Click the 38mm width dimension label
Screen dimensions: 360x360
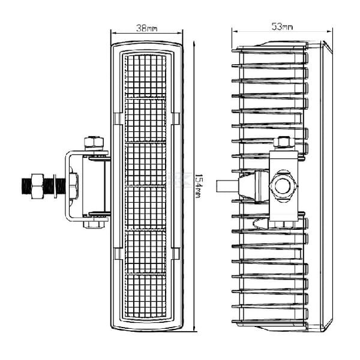pyautogui.click(x=147, y=29)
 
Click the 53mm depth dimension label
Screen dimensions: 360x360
pyautogui.click(x=282, y=27)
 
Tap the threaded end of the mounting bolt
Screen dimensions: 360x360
pyautogui.click(x=26, y=186)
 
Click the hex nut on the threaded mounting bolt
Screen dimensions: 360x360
pyautogui.click(x=37, y=186)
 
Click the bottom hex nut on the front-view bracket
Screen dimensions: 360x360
pyautogui.click(x=94, y=224)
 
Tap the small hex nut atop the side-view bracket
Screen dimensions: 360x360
pyautogui.click(x=283, y=142)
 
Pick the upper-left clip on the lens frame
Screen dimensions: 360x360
pyautogui.click(x=119, y=118)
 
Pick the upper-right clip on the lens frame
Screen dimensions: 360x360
pyautogui.click(x=176, y=118)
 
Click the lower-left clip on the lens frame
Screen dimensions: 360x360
pyautogui.click(x=119, y=254)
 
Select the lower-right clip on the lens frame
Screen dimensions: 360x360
pyautogui.click(x=176, y=254)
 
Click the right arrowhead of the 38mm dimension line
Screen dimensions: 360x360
pyautogui.click(x=180, y=33)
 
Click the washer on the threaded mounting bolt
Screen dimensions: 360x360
pyautogui.click(x=55, y=186)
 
